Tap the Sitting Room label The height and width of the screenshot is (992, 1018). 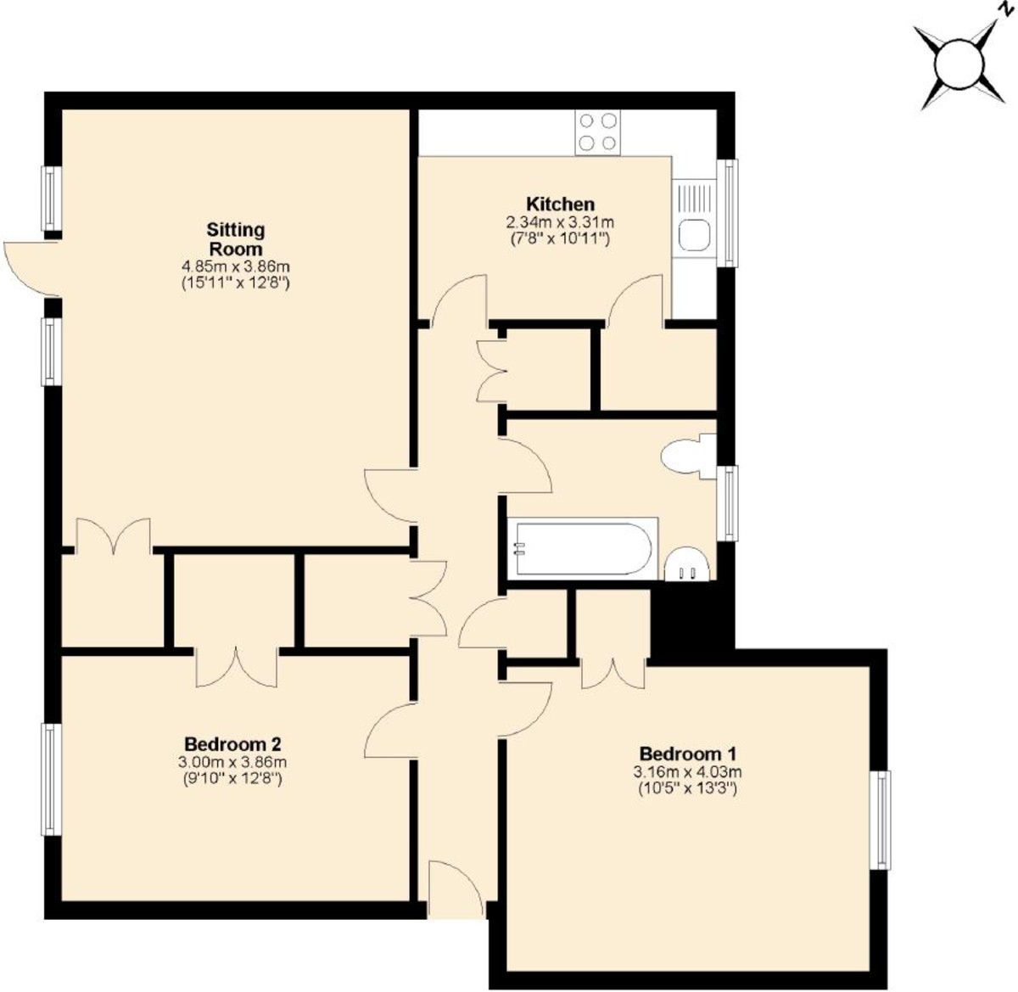pos(236,239)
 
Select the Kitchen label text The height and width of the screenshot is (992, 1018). pos(560,205)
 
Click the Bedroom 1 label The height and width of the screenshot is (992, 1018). pos(687,754)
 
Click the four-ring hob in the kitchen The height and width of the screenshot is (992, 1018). pos(597,132)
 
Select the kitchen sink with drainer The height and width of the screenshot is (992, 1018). pos(695,216)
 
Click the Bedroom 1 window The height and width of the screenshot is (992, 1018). pos(884,819)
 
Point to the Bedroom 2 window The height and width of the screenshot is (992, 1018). pos(52,779)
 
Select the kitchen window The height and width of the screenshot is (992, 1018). pos(728,212)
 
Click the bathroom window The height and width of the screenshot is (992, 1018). pos(728,502)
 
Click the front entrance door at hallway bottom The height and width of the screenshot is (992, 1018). pos(456,891)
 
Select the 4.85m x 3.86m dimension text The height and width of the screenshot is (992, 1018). pos(235,267)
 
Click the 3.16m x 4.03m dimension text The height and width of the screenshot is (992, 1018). pos(687,772)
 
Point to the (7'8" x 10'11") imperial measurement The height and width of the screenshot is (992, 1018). pos(560,238)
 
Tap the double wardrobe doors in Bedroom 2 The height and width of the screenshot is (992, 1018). pos(237,666)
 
